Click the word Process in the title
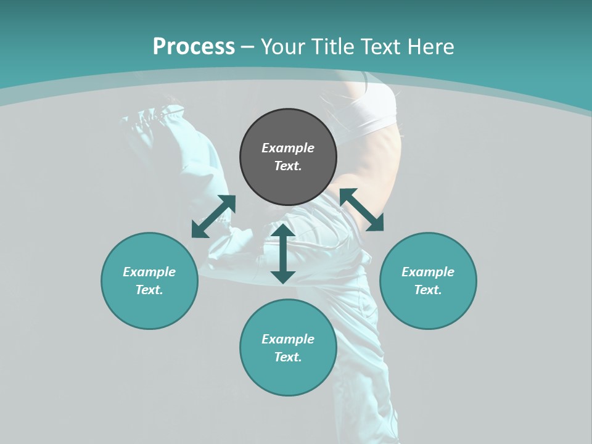pyautogui.click(x=194, y=47)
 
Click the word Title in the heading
pyautogui.click(x=328, y=47)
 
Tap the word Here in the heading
pyautogui.click(x=430, y=47)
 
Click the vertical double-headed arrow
pyautogui.click(x=282, y=253)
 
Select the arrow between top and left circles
pyautogui.click(x=213, y=216)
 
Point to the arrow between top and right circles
pyautogui.click(x=361, y=210)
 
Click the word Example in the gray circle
pyautogui.click(x=288, y=148)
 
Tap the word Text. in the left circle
pyautogui.click(x=149, y=290)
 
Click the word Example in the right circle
pyautogui.click(x=428, y=272)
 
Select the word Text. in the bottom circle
pyautogui.click(x=288, y=357)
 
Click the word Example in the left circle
pyautogui.click(x=149, y=272)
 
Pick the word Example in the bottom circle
pyautogui.click(x=288, y=339)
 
